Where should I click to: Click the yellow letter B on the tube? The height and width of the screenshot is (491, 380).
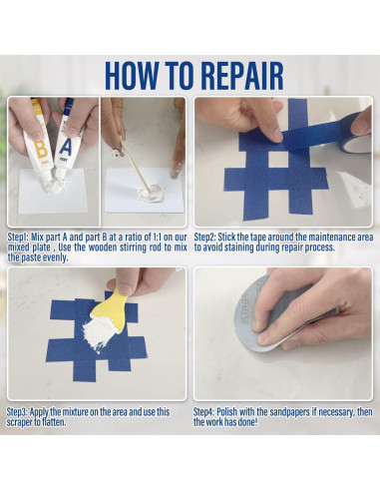(42, 150)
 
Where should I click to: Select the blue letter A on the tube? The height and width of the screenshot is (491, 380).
(66, 148)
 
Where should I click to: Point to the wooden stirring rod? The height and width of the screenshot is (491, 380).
(135, 165)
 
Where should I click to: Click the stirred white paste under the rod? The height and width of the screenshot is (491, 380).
(152, 193)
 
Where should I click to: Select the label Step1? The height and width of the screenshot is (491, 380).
(18, 238)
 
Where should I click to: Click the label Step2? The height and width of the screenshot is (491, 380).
(204, 238)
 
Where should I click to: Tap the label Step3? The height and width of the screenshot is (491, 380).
(18, 412)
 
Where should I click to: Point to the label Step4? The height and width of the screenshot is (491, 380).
(203, 412)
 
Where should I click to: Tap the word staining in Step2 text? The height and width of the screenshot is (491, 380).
(238, 247)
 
